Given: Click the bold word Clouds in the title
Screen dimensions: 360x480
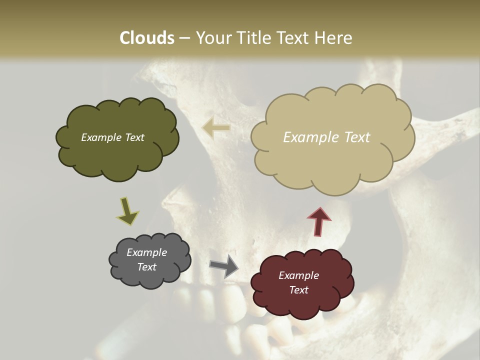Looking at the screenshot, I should [147, 38].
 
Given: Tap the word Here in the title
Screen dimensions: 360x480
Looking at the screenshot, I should [334, 38].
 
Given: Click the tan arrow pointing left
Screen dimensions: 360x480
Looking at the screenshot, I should [216, 128].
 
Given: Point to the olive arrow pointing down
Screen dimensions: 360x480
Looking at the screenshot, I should [127, 211].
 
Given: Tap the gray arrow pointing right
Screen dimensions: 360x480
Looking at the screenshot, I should [224, 266].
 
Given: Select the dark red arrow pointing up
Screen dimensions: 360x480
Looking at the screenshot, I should [319, 221].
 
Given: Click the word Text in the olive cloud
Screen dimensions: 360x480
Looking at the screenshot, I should [134, 137].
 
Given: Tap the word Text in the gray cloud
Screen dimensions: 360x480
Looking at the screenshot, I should [147, 267].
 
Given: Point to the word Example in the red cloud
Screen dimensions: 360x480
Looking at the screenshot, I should [298, 275].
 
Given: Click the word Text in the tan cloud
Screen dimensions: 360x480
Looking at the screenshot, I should [357, 137].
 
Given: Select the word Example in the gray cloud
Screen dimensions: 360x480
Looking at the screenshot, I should [147, 252].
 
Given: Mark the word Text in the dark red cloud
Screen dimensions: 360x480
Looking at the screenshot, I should [298, 290].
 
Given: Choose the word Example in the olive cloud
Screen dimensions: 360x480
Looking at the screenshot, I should [101, 137].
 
